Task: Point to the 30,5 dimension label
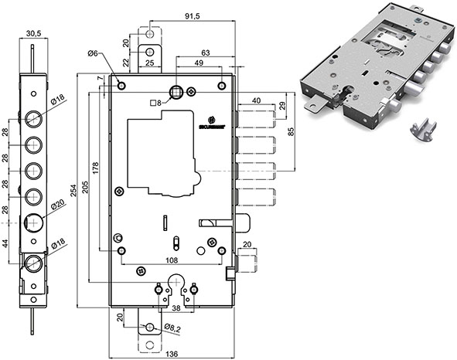pos(32,33)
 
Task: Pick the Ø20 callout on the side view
pos(57,205)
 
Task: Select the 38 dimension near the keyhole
pos(176,307)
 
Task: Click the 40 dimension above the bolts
pos(256,98)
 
